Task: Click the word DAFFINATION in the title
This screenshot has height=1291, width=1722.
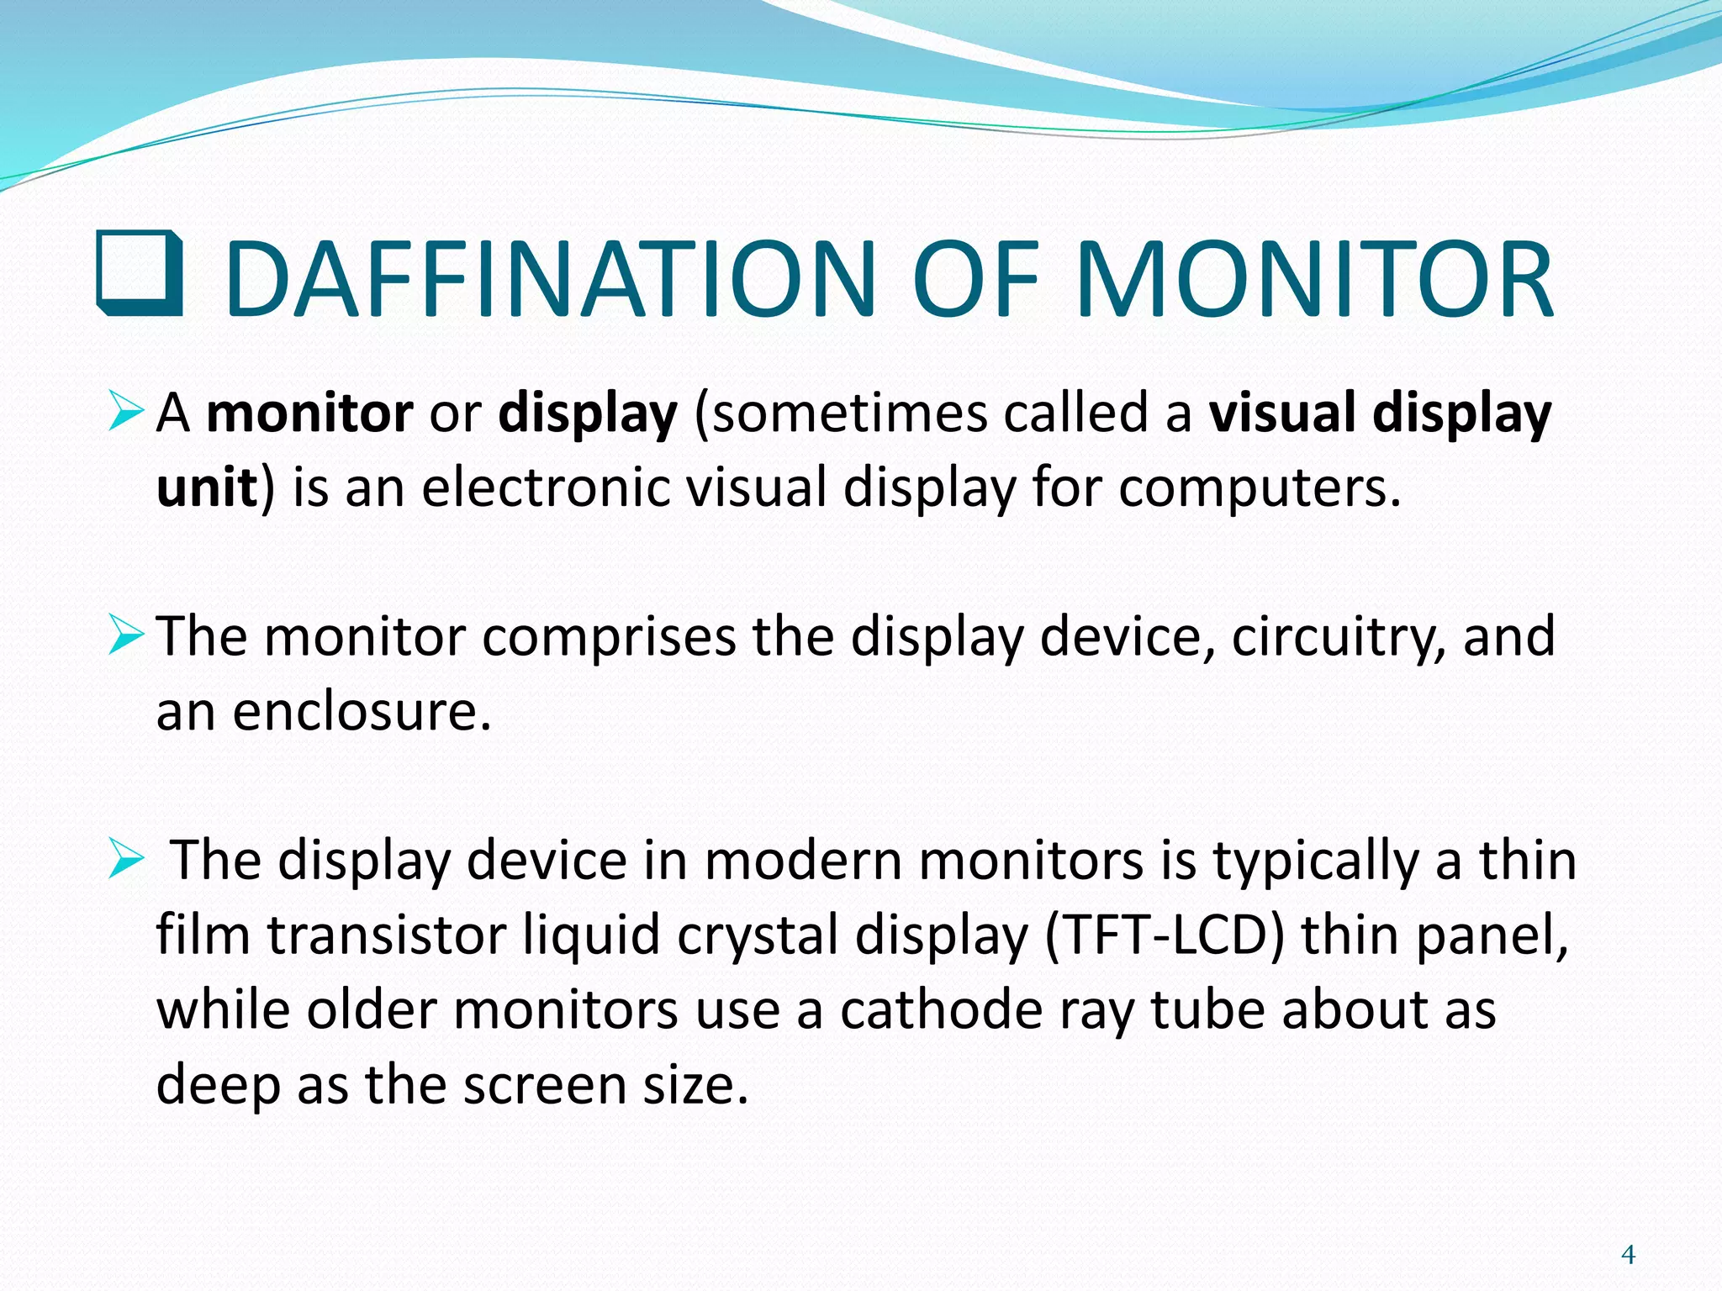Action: pos(551,279)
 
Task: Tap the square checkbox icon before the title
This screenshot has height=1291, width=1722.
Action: pos(140,273)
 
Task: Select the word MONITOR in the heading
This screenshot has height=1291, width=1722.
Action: pos(1313,279)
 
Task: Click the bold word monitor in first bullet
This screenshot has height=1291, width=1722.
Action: pos(309,414)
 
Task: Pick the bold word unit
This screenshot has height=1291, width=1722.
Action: pos(207,488)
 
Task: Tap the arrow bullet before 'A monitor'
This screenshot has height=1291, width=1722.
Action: pos(126,413)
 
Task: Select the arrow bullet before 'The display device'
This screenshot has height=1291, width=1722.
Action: pos(126,861)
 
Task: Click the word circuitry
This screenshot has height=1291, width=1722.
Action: pos(1337,637)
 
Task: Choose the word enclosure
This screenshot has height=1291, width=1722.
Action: pos(361,712)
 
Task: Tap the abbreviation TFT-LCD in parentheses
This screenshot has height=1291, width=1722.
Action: pos(1164,935)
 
